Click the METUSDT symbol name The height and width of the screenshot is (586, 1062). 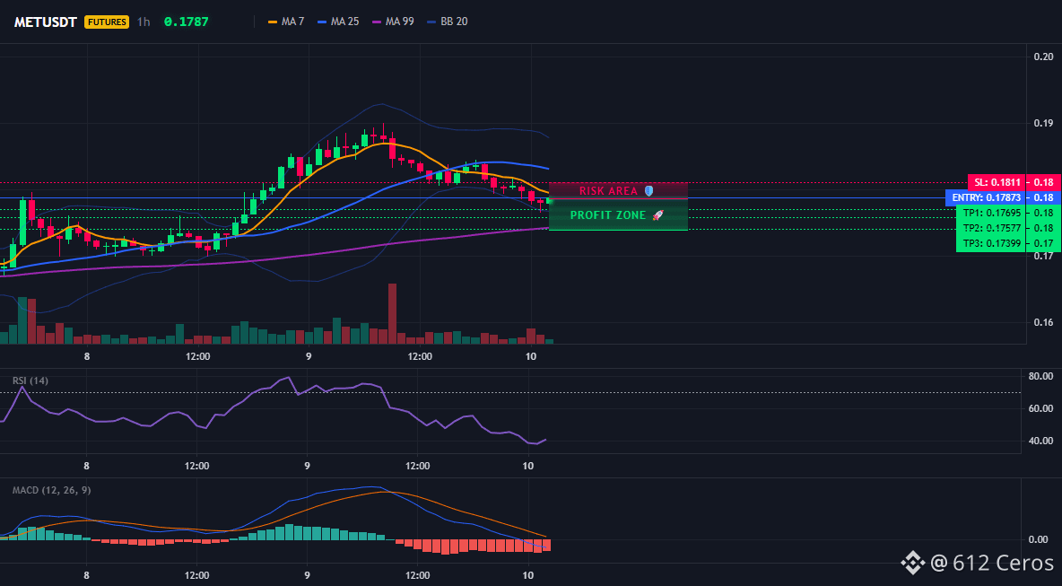tap(47, 22)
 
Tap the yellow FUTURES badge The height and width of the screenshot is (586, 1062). tap(107, 22)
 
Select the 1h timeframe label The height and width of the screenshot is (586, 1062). tap(143, 22)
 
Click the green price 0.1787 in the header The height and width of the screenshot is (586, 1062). tap(187, 22)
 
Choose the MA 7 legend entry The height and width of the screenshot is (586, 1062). tap(286, 22)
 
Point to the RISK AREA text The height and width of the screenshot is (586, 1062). tap(608, 191)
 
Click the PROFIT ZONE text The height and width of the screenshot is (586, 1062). tap(609, 215)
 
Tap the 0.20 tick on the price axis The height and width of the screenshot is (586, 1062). tap(1043, 57)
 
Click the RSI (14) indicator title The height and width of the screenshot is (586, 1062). tap(30, 380)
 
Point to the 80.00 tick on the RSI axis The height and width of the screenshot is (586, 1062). tap(1040, 376)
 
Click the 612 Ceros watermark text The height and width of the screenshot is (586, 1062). tap(1003, 563)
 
